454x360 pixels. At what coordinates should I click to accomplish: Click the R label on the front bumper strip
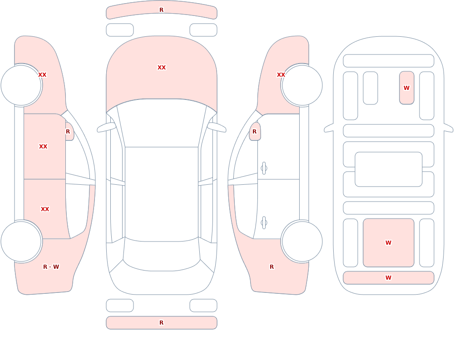162,10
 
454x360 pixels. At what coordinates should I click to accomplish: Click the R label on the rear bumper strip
162,323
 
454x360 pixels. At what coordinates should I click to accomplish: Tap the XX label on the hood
162,68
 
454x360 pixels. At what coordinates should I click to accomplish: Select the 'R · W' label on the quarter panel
51,267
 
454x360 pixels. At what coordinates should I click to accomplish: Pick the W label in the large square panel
388,243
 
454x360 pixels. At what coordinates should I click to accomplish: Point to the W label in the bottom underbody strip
388,278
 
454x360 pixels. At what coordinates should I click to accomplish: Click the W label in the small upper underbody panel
406,88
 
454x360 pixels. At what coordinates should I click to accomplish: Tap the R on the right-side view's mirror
255,132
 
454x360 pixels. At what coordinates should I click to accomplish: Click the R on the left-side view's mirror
68,132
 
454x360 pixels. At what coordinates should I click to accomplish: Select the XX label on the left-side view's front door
43,147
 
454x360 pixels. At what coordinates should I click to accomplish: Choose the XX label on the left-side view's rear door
45,209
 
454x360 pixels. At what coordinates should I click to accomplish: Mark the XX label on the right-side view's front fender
281,75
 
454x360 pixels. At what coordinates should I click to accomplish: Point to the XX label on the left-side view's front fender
42,75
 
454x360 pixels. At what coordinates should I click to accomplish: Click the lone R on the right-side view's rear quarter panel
271,267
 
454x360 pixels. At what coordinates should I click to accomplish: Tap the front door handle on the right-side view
264,168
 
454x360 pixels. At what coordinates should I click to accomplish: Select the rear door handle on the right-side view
264,222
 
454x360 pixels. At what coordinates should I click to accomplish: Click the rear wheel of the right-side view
302,241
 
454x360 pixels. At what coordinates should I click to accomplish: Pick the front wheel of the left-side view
21,85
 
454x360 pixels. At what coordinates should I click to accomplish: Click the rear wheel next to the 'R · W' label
21,241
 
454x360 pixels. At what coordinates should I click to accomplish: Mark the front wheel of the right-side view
302,85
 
